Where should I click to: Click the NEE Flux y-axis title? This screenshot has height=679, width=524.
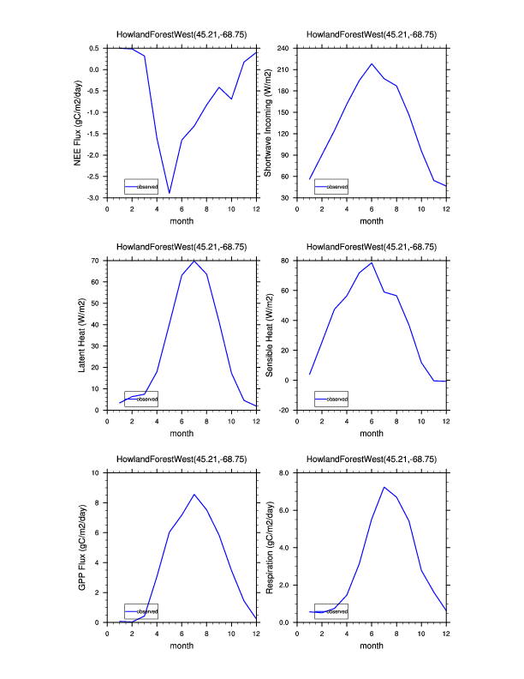78,122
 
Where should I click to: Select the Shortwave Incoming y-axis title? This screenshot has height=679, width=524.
268,122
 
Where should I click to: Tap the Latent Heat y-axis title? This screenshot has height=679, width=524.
82,334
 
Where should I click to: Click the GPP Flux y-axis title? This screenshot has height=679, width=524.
82,547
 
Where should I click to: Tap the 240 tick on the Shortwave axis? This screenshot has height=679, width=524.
288,48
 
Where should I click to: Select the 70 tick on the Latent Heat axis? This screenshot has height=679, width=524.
97,260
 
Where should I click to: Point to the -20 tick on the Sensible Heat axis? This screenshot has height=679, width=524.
288,410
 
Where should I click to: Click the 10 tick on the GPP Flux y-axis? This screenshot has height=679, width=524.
97,472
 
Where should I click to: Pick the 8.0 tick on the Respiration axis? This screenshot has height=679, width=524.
286,472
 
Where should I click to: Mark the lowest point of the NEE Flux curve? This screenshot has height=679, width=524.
170,193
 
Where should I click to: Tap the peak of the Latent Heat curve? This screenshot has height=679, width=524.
194,260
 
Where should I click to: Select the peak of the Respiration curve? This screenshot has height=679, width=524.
384,487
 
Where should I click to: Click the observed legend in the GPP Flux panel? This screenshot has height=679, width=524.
141,611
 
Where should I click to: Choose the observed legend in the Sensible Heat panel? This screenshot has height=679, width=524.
331,399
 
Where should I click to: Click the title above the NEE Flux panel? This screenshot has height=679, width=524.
182,34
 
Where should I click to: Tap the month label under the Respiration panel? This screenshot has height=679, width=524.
372,646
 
